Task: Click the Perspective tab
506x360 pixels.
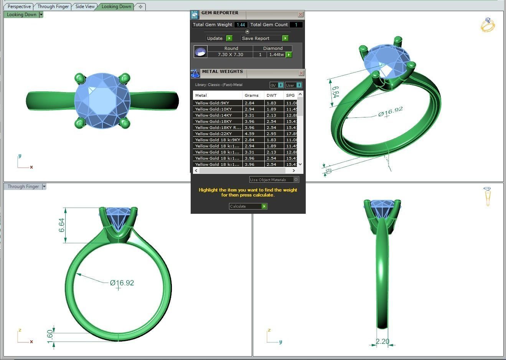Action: pos(19,7)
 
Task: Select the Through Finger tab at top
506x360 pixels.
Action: pos(53,7)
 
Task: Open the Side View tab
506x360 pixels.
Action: pos(85,7)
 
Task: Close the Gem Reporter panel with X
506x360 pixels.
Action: pos(300,15)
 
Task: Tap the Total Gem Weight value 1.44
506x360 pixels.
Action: pos(241,25)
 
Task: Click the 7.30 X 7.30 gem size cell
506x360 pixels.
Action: pos(230,54)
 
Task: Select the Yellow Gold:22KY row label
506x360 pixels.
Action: pos(213,134)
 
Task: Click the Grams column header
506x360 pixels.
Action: pos(252,95)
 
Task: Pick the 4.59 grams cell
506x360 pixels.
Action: pos(250,134)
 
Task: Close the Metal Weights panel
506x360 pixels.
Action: pos(301,73)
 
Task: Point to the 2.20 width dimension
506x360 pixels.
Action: pos(382,341)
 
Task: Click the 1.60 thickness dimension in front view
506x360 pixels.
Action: pos(50,337)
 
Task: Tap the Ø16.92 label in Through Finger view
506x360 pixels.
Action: pos(122,283)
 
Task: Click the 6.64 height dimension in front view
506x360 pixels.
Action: pos(61,225)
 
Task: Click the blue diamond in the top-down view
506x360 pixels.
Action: pos(102,101)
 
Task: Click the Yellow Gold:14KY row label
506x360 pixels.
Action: pos(213,115)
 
